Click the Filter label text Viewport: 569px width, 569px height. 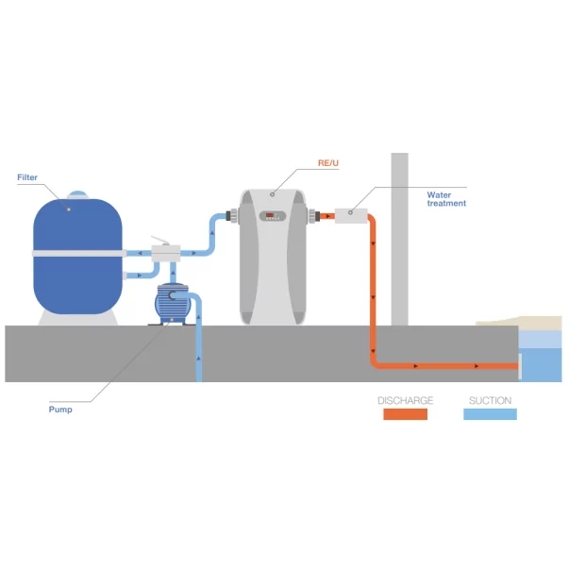[27, 177]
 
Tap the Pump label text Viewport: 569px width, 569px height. [60, 410]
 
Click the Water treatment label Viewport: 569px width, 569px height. [446, 199]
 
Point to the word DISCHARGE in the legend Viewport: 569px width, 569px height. [405, 401]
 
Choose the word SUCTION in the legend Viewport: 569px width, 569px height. [490, 401]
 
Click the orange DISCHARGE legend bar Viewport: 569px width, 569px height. [405, 413]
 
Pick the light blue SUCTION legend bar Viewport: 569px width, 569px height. [490, 413]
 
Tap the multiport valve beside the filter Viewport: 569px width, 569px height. [167, 253]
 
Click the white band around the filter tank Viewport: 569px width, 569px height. [77, 253]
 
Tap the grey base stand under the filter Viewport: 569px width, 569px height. [78, 318]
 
